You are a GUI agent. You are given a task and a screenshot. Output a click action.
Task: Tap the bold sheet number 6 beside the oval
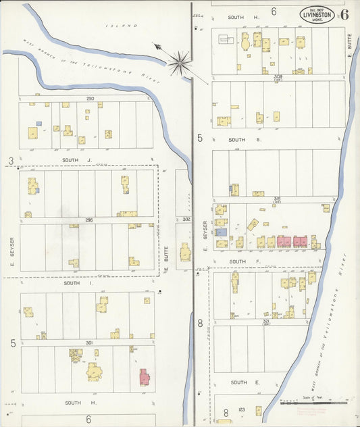point(344,14)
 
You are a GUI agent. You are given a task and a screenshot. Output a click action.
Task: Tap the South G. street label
point(238,140)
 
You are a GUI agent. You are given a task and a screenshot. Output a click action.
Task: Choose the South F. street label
point(238,261)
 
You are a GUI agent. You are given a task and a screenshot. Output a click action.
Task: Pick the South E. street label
point(238,382)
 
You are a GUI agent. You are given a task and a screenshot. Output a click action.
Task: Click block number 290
point(90,99)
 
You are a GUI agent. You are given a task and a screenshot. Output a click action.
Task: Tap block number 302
point(187,220)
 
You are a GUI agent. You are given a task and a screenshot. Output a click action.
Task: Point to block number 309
point(277,77)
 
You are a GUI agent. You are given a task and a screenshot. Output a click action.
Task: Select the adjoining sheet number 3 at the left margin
point(11,160)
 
